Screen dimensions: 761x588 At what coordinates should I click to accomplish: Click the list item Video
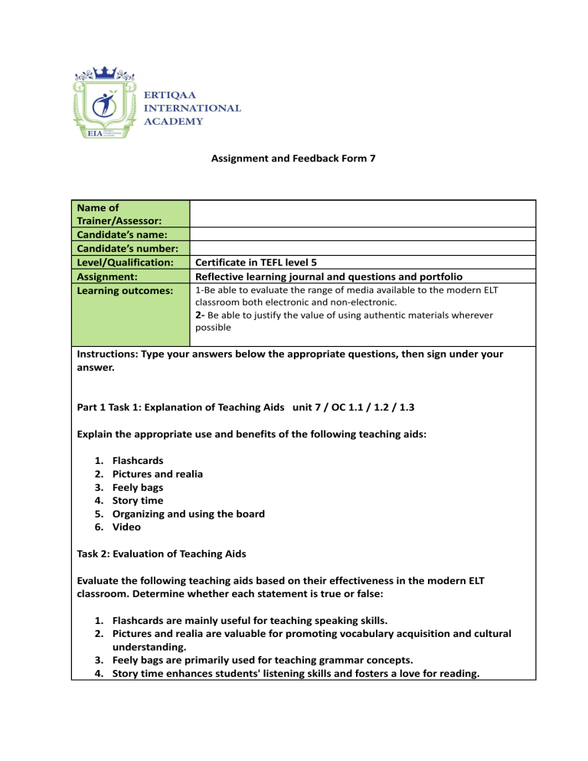point(126,527)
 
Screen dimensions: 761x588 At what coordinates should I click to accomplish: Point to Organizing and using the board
point(188,514)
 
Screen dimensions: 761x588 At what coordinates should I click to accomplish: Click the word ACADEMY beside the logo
point(174,121)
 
